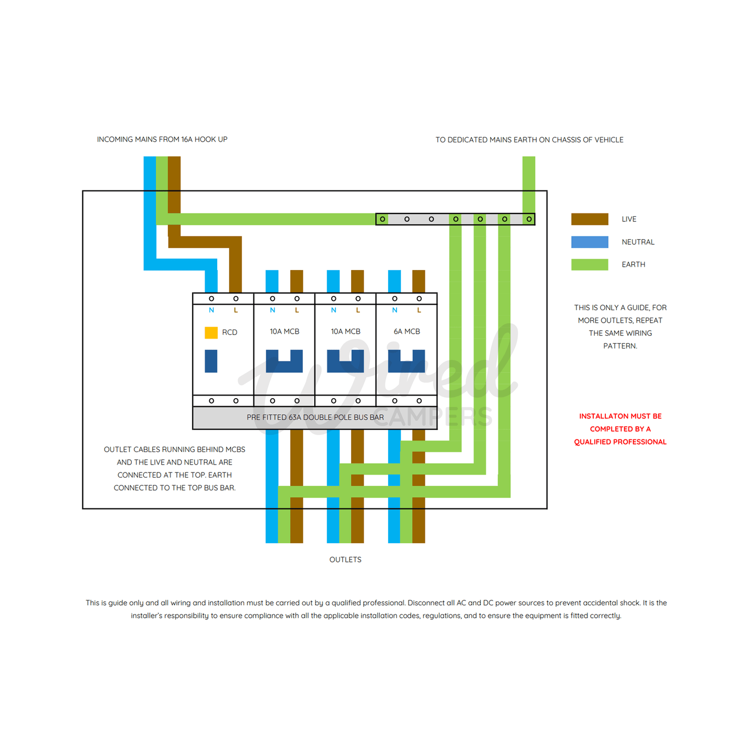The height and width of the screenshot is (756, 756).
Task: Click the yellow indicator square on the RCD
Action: point(211,333)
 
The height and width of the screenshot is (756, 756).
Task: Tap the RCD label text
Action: point(230,332)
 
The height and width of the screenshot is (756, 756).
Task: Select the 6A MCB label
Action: point(407,332)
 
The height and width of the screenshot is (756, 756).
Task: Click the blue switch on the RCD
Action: point(211,361)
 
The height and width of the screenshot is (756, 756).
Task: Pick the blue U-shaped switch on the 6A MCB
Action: point(407,366)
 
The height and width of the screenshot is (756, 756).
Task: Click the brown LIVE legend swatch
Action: point(590,219)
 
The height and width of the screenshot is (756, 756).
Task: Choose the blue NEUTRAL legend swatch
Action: point(590,242)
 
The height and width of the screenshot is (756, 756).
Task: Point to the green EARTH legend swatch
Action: point(590,264)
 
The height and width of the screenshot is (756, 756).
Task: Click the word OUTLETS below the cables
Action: point(345,559)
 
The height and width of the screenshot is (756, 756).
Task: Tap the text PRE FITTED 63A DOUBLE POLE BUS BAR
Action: point(315,418)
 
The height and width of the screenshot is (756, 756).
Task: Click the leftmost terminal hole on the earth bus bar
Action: point(382,219)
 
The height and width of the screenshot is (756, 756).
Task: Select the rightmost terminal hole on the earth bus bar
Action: point(529,219)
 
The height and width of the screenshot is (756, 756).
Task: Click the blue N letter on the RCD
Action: point(211,310)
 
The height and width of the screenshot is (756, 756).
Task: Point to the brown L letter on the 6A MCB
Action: point(420,310)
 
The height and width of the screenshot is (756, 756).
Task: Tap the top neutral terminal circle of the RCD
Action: point(211,299)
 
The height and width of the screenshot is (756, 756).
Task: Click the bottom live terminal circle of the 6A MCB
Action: point(419,401)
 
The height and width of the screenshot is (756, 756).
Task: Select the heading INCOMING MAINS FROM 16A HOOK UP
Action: point(162,139)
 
